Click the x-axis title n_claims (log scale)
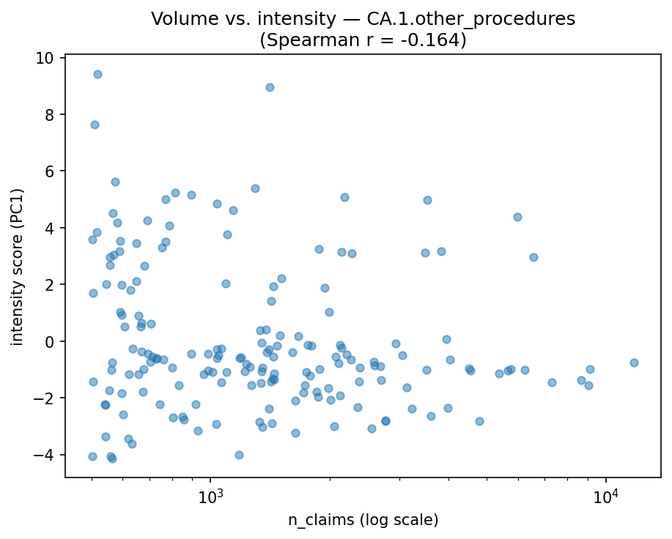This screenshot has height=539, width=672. point(363,520)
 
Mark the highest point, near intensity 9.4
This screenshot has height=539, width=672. point(97,74)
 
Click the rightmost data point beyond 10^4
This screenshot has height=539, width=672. point(634,363)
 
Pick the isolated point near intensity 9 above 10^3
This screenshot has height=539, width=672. point(270,87)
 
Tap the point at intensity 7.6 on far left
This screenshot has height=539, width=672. point(95,124)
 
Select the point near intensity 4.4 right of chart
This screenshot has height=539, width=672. point(517,217)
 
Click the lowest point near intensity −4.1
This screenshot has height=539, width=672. point(112,458)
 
